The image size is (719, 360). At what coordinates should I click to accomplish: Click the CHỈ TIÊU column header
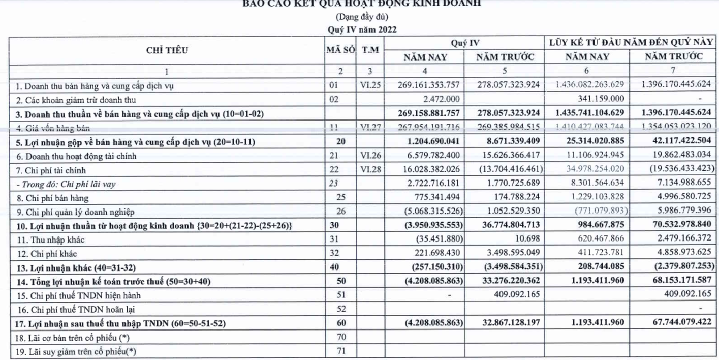click(167, 50)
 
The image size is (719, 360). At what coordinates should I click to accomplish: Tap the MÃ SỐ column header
click(340, 50)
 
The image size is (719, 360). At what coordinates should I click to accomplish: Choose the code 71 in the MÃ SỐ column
click(340, 351)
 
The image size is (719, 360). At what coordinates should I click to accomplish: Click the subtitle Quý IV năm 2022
click(362, 29)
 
